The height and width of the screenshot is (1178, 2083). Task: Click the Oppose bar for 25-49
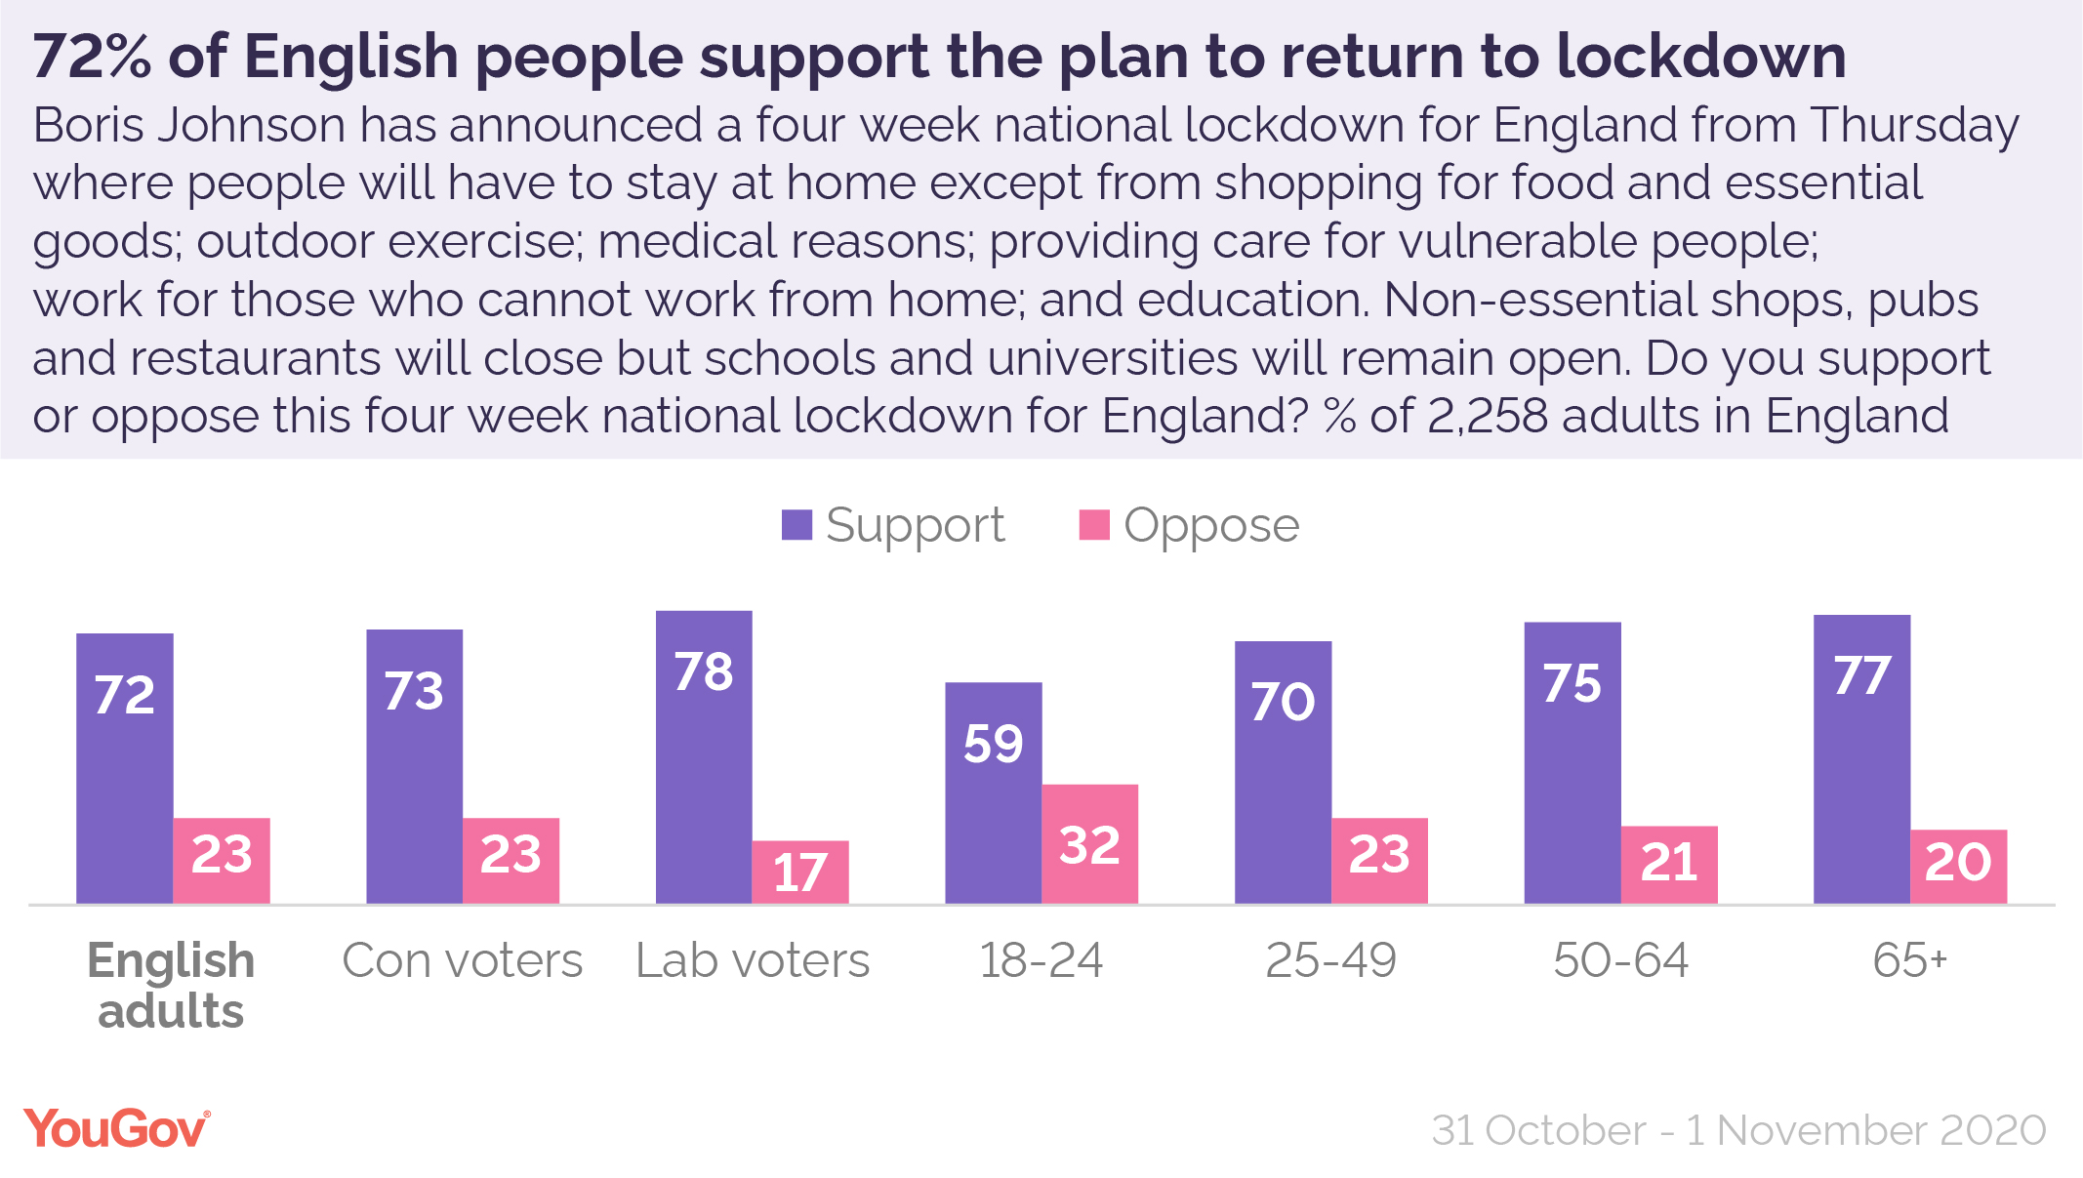(1379, 860)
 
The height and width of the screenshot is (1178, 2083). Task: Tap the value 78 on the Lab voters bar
(704, 672)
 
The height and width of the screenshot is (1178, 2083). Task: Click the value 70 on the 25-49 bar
(1283, 702)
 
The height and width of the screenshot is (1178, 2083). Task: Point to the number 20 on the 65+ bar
(1958, 863)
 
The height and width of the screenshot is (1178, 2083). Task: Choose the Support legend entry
(893, 526)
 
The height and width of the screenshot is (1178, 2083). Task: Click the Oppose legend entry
(1190, 526)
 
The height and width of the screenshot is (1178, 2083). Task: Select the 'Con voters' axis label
(462, 960)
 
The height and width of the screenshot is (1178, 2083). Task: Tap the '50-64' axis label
(1620, 960)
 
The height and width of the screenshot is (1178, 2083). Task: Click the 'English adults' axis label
(172, 986)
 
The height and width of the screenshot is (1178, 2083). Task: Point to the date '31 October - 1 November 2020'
(1738, 1130)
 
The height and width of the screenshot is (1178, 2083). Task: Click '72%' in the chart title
(92, 57)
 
